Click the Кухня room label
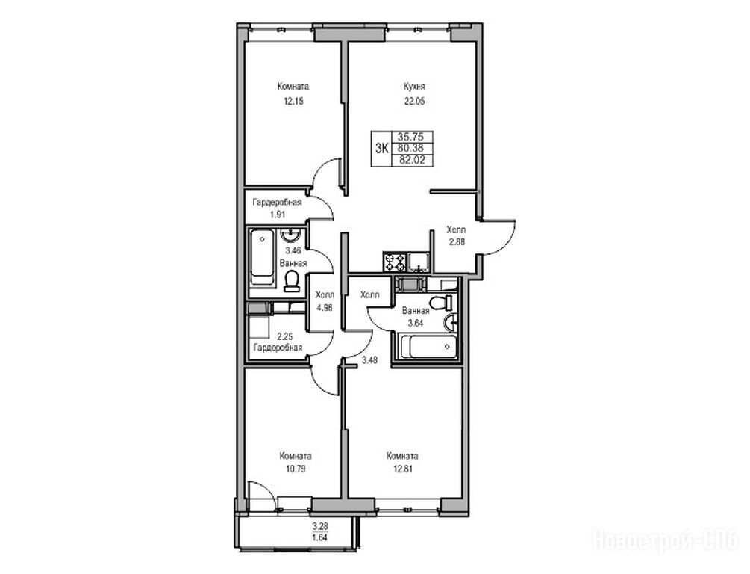tap(414, 87)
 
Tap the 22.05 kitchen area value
tap(414, 101)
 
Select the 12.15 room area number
tap(293, 101)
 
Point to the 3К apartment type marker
tap(382, 149)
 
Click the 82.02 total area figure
tap(412, 161)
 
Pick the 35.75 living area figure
tap(411, 137)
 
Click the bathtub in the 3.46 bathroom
tap(262, 258)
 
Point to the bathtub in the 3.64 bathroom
tap(428, 346)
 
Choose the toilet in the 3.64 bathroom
tap(441, 303)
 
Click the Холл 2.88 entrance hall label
tap(456, 235)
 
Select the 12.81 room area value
tap(401, 469)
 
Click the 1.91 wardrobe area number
tap(278, 215)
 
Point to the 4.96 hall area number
tap(325, 308)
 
